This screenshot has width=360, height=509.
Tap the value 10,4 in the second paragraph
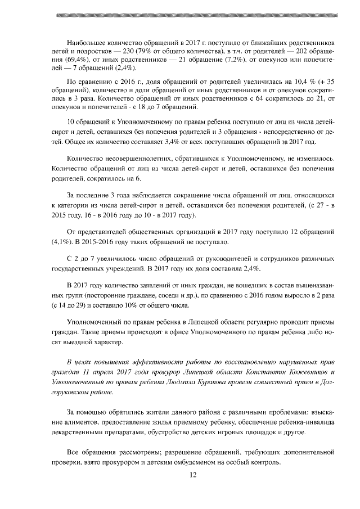(x=296, y=82)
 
